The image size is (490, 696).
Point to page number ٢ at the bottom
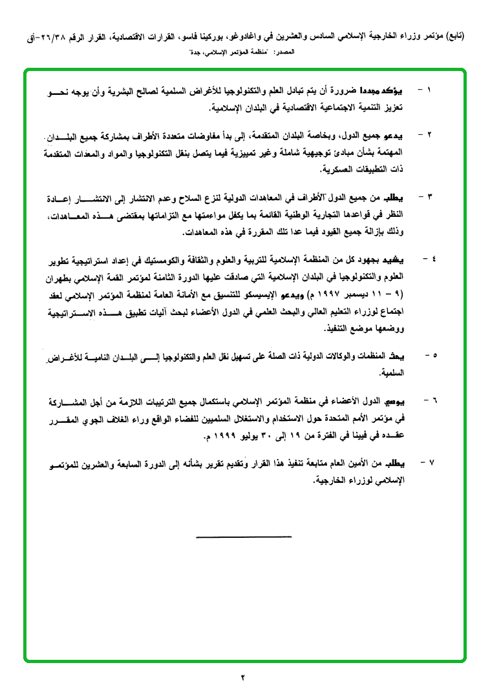[x=244, y=677]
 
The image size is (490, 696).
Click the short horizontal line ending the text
[x=244, y=537]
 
